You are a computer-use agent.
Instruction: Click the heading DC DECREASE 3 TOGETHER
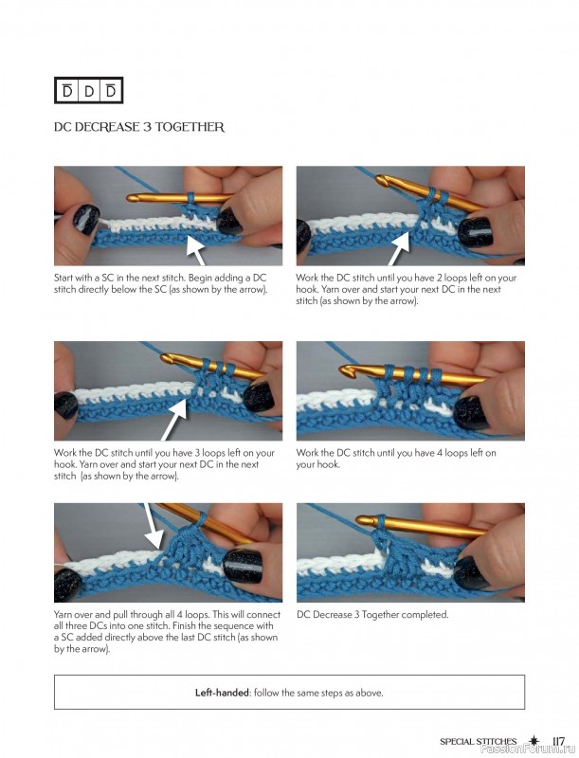[139, 127]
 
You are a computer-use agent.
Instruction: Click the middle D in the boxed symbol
[89, 90]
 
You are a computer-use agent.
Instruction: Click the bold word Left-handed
[222, 693]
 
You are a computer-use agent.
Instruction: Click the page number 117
[558, 741]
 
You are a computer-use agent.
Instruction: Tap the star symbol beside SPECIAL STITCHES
[534, 741]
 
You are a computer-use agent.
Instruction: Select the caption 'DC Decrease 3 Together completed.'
[372, 615]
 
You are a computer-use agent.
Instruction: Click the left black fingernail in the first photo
[85, 219]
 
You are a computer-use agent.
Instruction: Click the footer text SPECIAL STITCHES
[478, 742]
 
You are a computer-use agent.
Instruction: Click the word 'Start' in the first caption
[63, 278]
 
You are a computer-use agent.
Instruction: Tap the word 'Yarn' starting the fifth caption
[63, 615]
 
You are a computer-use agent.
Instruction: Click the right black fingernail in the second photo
[476, 232]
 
